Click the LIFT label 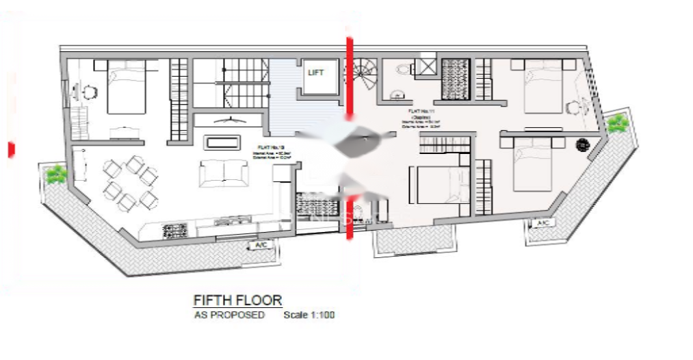[x=315, y=73]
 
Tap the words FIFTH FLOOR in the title [x=237, y=300]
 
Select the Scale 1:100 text [x=309, y=316]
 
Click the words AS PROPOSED [x=229, y=316]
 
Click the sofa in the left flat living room [x=224, y=174]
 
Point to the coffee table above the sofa [x=223, y=142]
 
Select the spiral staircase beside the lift [x=363, y=74]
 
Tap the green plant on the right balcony [x=617, y=123]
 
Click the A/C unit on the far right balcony [x=542, y=224]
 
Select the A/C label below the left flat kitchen [x=260, y=245]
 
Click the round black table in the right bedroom [x=583, y=144]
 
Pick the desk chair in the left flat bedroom [x=90, y=91]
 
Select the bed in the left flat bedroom [x=127, y=87]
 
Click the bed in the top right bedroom [x=543, y=86]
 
